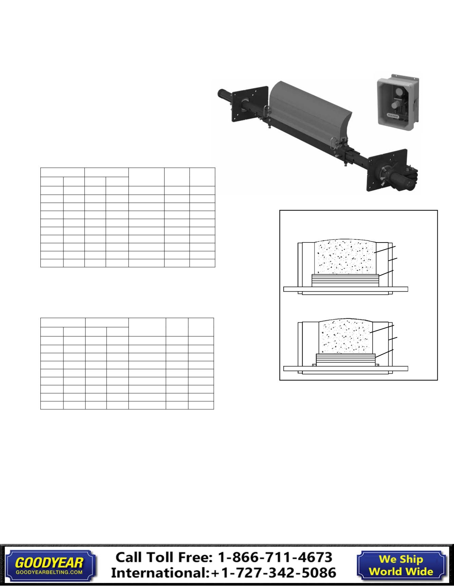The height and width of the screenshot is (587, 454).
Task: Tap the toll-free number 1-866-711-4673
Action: pyautogui.click(x=275, y=557)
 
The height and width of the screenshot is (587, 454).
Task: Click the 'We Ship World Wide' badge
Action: pyautogui.click(x=401, y=565)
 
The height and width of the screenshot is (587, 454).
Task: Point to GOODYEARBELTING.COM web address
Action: pyautogui.click(x=49, y=572)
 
